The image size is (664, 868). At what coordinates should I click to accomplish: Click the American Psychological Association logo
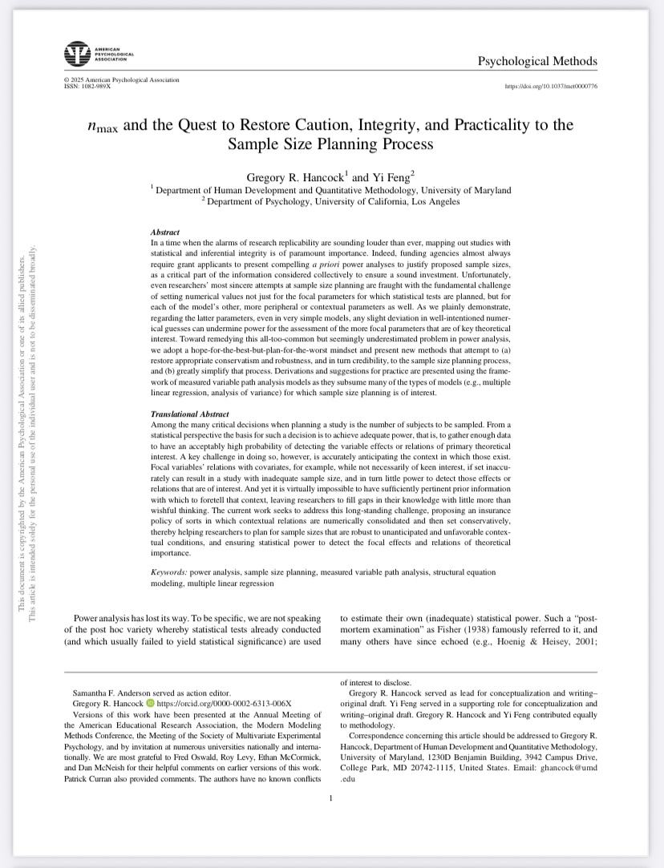[77, 54]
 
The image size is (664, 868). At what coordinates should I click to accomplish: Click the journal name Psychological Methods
[537, 62]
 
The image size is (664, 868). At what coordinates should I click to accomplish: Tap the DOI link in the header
[551, 86]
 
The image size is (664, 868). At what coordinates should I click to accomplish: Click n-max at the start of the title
[103, 127]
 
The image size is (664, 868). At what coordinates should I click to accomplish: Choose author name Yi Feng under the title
[393, 176]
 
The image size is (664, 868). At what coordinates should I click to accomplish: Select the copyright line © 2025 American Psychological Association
[121, 80]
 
